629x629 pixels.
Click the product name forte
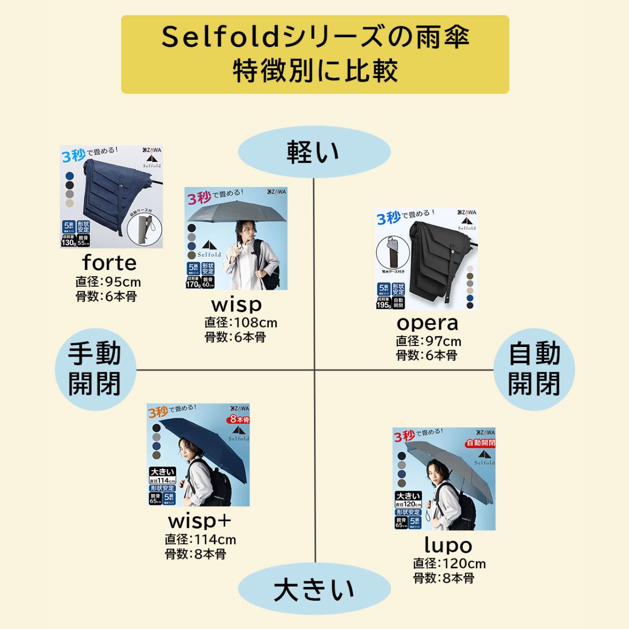(109, 263)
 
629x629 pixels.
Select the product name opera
(427, 322)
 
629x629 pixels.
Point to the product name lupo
(448, 545)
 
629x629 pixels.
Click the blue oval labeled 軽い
(314, 152)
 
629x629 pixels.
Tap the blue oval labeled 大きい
(314, 590)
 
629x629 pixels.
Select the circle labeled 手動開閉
(95, 369)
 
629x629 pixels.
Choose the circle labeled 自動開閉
(535, 369)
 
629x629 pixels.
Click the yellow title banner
(314, 55)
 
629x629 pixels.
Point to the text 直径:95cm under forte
(108, 283)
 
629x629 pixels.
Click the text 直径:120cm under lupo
(449, 564)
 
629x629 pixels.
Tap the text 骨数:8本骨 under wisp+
(196, 554)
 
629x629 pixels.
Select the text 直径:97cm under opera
(428, 341)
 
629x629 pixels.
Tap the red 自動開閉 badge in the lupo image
(481, 443)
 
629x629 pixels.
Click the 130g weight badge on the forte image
(69, 242)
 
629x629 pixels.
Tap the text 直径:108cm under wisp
(241, 322)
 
